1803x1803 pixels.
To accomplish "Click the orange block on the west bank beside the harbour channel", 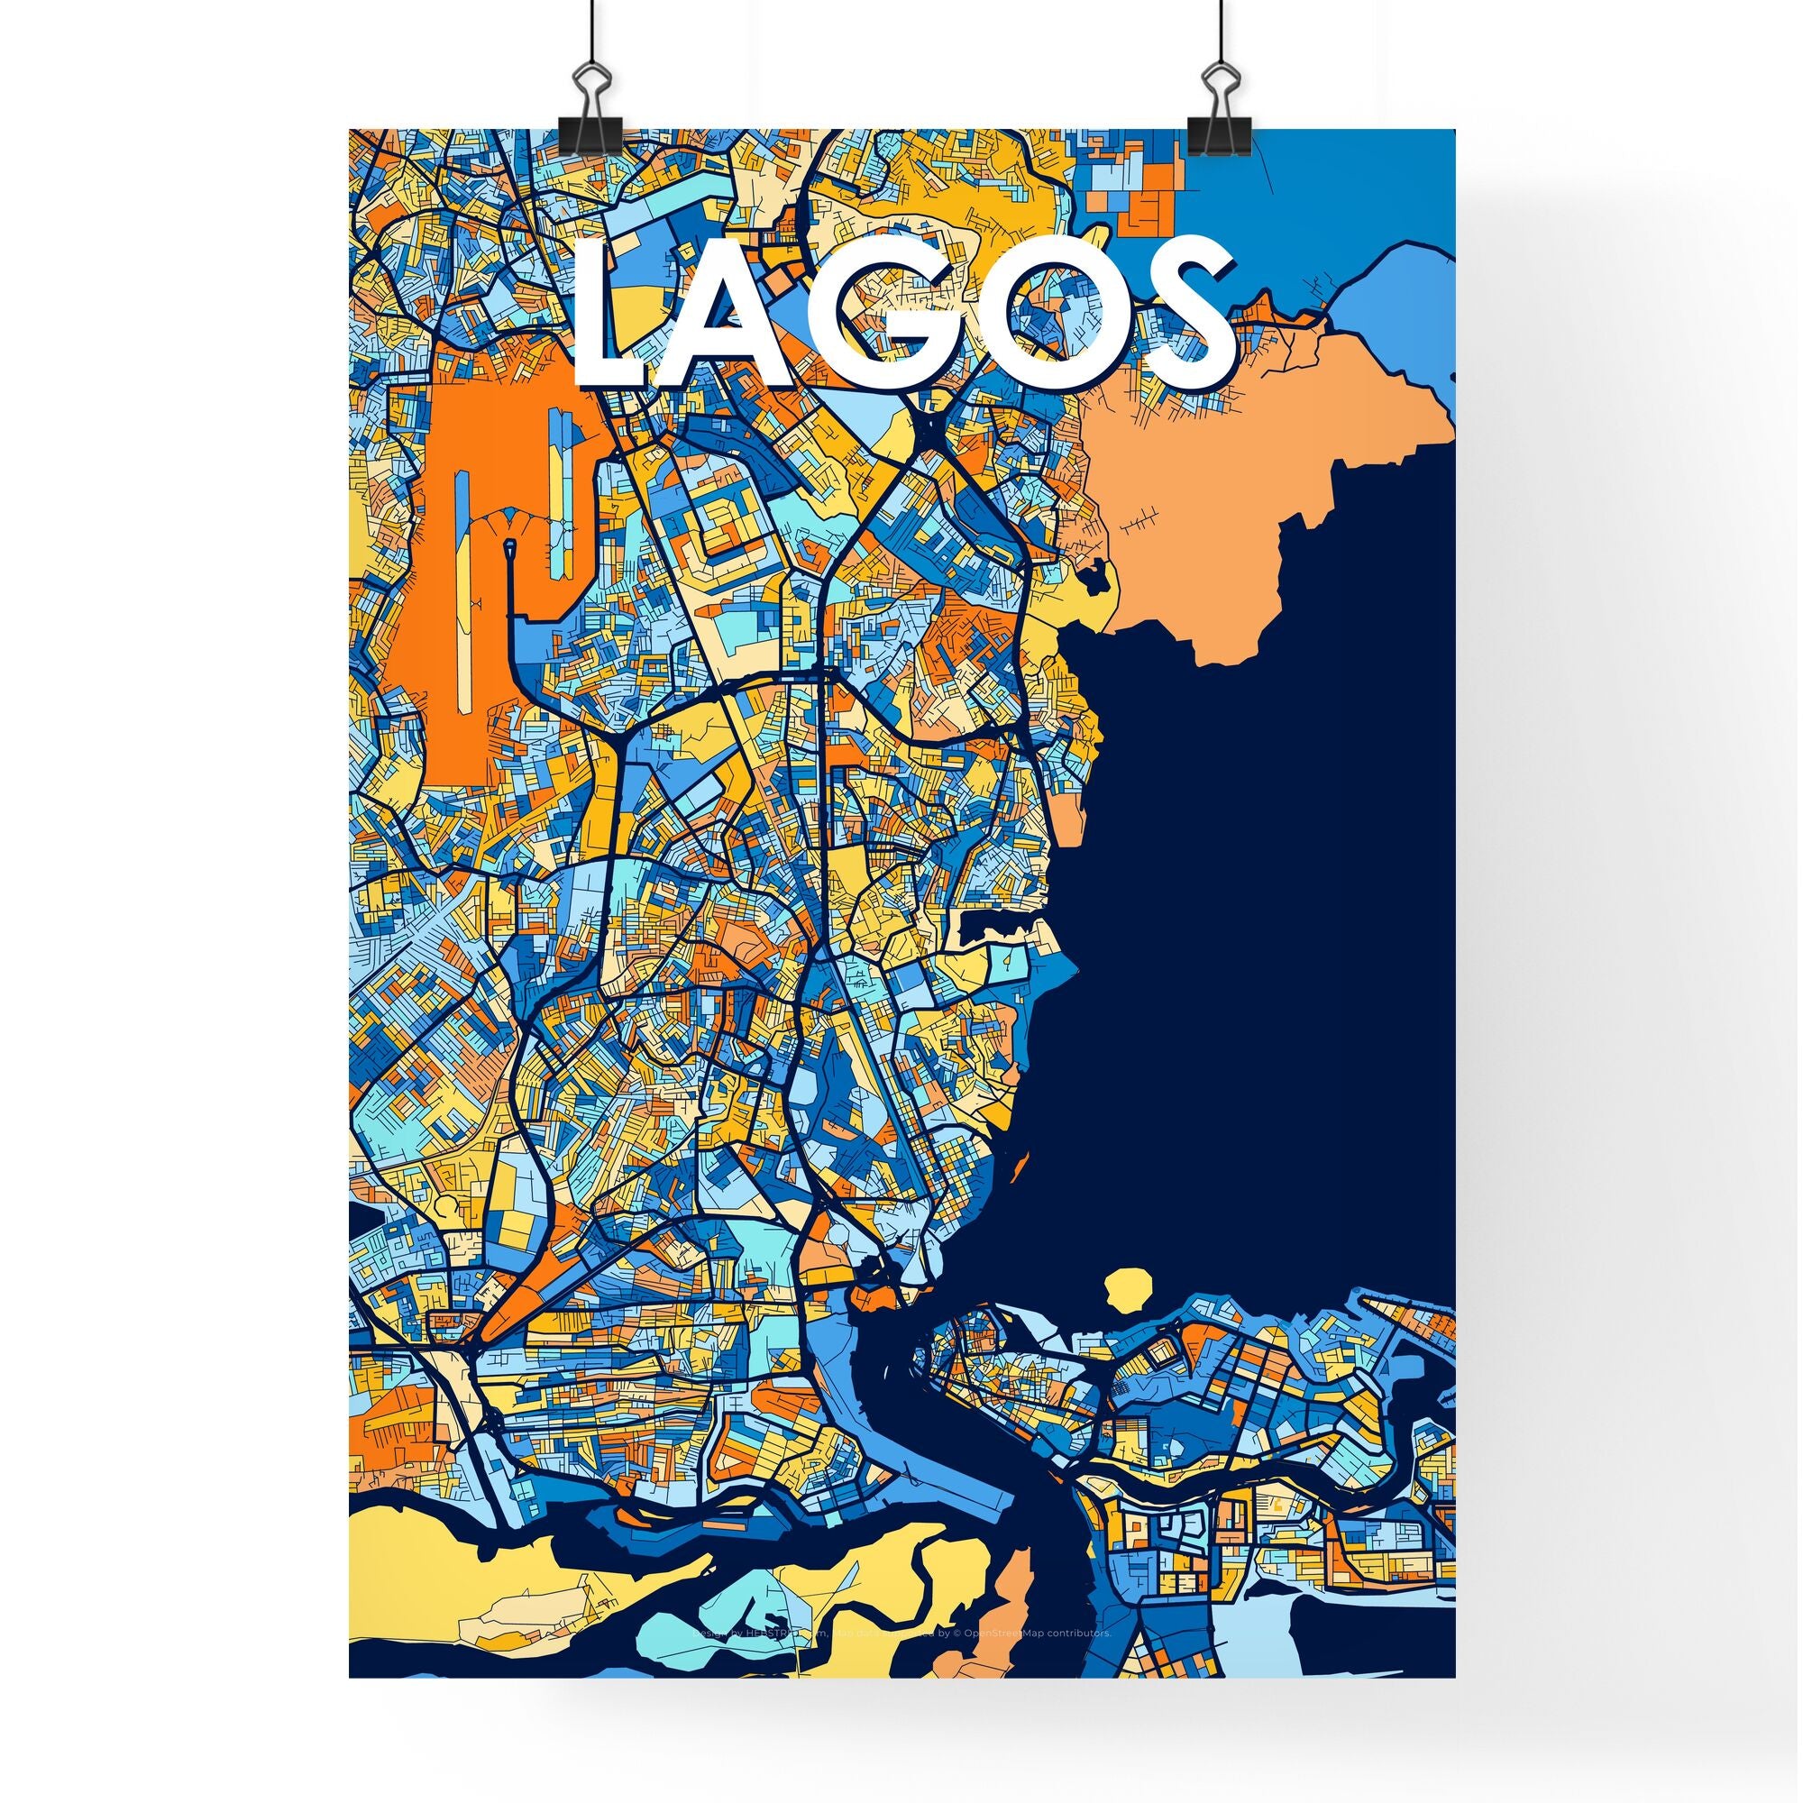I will [873, 1297].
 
